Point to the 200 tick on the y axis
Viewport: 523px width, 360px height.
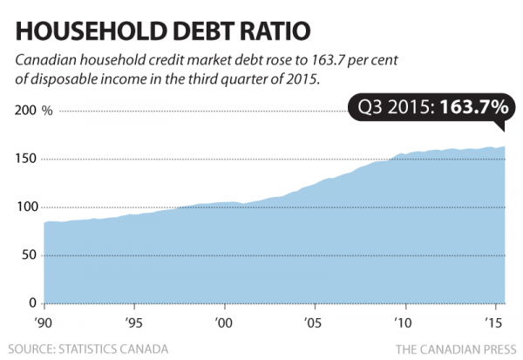25,112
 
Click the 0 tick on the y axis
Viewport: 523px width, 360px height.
32,303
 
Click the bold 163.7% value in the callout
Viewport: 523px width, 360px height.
473,107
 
